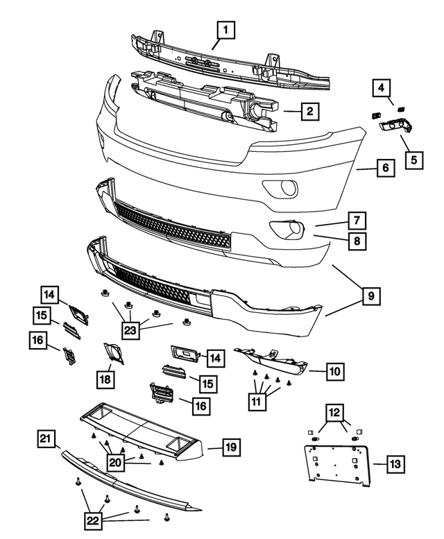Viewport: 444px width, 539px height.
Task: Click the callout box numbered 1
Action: pyautogui.click(x=225, y=31)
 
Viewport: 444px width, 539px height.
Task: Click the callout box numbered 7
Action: pyautogui.click(x=357, y=221)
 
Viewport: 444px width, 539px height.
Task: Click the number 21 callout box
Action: pyautogui.click(x=46, y=438)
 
